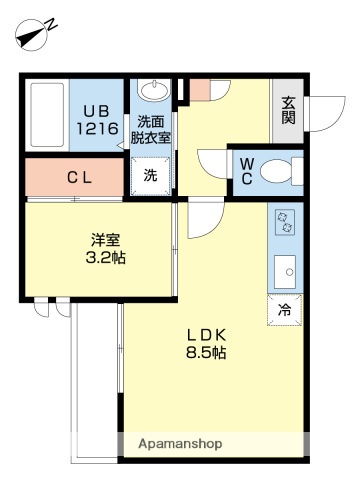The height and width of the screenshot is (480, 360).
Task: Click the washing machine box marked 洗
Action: point(151,175)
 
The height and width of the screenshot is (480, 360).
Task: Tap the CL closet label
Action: point(80,179)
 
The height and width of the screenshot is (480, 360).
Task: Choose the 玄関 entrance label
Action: point(289,110)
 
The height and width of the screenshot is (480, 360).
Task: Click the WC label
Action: point(245,173)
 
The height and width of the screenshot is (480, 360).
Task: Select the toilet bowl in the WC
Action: point(291,170)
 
